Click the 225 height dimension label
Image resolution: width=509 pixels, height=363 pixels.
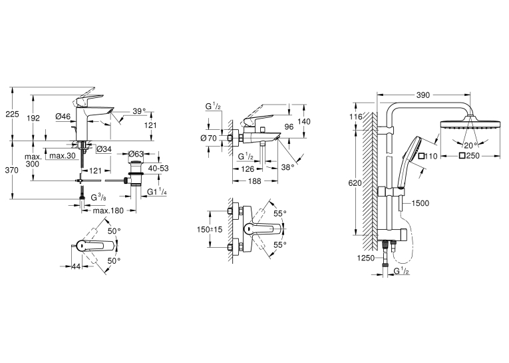click(12, 114)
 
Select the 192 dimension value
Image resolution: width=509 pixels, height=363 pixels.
click(33, 118)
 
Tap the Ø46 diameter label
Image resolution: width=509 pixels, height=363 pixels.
click(63, 116)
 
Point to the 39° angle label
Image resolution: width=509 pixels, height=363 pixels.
click(139, 111)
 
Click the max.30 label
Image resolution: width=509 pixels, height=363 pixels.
click(63, 156)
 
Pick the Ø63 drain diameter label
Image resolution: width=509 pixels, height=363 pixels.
click(136, 154)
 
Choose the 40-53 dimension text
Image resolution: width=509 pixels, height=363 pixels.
click(158, 169)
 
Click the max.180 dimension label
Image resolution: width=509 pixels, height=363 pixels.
click(108, 210)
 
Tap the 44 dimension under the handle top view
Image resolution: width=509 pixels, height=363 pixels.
click(76, 266)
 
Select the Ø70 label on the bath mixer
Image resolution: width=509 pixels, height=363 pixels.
click(209, 138)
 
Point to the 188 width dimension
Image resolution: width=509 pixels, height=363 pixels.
click(254, 181)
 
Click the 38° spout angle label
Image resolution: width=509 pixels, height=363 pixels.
click(287, 167)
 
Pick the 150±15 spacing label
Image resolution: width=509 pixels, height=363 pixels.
click(210, 229)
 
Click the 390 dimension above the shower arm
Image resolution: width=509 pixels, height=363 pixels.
click(423, 95)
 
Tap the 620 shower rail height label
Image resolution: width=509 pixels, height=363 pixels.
click(355, 183)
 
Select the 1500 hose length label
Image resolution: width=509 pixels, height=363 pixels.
click(420, 203)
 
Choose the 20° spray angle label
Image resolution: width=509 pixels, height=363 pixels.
click(470, 145)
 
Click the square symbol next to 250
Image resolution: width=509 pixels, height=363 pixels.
click(462, 156)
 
